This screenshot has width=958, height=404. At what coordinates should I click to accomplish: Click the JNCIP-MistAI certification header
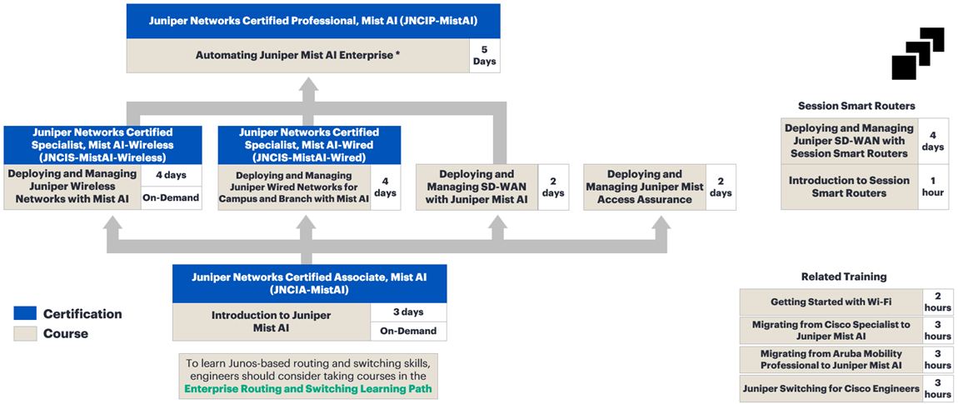pos(313,21)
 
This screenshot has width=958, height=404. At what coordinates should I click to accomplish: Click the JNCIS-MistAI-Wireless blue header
pos(102,144)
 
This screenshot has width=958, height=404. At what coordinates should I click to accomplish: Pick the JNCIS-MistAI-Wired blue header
pos(308,144)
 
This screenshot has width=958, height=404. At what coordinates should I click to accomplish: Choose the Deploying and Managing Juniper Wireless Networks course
pos(72,187)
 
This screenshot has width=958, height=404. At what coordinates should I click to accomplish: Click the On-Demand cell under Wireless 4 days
pos(171,198)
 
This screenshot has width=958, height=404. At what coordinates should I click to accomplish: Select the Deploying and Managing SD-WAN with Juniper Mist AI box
pos(477,187)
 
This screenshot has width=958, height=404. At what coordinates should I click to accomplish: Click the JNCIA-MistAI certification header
pos(309,284)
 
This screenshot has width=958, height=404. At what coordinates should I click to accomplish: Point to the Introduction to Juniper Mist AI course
pos(271,322)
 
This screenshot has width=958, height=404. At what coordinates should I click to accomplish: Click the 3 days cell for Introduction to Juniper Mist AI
pos(408,312)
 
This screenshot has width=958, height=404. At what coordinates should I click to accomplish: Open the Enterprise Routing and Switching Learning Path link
pos(308,389)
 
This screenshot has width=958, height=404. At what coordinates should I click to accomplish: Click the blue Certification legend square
pos(25,314)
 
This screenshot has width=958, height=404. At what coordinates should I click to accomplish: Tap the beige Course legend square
pos(25,333)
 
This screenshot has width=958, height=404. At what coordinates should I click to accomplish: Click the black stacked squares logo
pos(917,54)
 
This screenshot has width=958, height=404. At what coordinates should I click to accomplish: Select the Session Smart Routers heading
pos(856,106)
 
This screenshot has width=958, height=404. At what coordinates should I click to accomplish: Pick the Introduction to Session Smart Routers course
pos(849,187)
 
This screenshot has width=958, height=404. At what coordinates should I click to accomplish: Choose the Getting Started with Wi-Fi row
pos(831,302)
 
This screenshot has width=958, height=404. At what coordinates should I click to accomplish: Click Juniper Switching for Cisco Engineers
pos(831,388)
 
